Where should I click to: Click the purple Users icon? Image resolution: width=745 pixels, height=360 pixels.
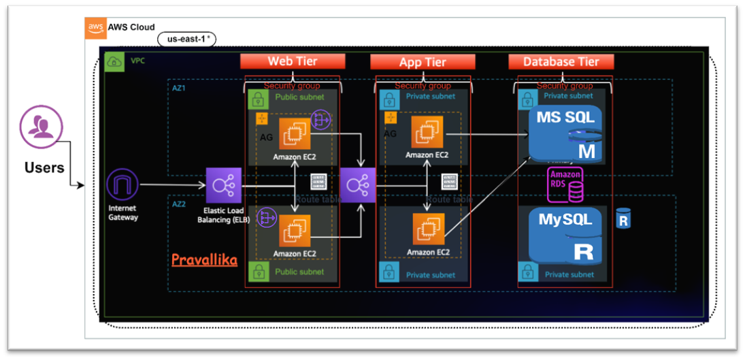click(41, 127)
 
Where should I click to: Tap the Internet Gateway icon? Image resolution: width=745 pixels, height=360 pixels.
click(122, 184)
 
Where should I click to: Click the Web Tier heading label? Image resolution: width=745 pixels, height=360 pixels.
click(292, 61)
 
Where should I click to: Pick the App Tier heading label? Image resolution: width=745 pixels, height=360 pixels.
click(423, 62)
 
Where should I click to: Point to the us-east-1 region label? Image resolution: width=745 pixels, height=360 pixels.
click(186, 39)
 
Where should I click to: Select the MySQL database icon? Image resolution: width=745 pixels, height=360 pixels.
click(565, 235)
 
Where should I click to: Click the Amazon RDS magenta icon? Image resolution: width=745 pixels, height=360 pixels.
click(565, 186)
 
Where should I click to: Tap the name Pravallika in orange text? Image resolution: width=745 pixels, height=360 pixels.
click(204, 259)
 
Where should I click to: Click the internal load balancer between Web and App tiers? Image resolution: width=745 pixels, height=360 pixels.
click(357, 185)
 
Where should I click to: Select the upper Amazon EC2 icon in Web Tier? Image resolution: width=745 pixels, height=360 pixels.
click(295, 134)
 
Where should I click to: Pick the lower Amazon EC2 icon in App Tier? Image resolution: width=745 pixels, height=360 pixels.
click(429, 230)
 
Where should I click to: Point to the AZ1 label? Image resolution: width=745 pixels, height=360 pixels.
click(179, 89)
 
